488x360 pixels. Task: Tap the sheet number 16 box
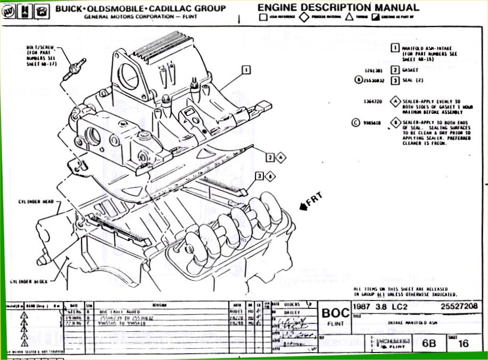463,344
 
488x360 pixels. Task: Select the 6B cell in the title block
428,344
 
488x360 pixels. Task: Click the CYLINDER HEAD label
36,203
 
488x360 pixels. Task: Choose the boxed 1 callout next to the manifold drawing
246,69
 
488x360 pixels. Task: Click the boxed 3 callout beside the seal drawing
259,176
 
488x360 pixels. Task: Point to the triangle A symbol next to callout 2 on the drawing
282,157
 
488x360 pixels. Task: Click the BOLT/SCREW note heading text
37,47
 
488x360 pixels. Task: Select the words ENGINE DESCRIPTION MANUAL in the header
338,7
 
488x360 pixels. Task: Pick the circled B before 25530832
359,81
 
